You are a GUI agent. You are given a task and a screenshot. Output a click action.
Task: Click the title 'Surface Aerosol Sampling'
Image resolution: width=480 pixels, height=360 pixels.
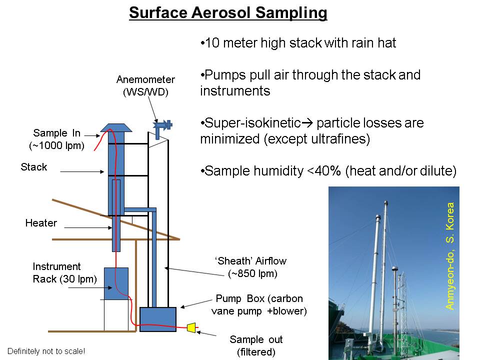pos(228,13)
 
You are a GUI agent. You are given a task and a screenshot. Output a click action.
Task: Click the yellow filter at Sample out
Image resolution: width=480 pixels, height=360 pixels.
pos(191,327)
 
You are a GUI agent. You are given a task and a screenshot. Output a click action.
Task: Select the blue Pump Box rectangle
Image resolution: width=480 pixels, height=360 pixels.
pos(158,319)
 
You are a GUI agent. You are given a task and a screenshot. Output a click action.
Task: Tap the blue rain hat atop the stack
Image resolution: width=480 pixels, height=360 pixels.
pos(116,127)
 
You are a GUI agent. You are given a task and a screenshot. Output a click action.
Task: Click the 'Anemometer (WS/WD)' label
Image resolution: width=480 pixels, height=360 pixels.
pos(145,85)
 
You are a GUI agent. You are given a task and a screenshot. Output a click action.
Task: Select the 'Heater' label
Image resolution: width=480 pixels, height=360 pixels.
pos(41,223)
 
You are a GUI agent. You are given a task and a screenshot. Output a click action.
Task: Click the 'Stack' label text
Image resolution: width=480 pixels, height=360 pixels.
pos(33,167)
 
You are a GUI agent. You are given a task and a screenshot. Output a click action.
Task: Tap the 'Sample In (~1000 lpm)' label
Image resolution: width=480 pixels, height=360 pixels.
pos(56,139)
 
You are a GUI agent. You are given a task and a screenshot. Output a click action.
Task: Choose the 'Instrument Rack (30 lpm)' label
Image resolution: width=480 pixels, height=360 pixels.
pos(64,273)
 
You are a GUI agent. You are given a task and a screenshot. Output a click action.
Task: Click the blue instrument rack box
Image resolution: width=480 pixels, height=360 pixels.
pos(116,284)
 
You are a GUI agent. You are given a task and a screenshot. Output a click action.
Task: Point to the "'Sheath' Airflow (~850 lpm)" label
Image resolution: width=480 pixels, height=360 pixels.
pos(251,267)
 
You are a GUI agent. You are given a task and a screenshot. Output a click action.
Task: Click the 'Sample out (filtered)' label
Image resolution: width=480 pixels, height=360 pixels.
pos(256,345)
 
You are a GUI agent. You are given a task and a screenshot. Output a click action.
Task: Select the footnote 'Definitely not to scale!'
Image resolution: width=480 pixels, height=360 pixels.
pos(46,351)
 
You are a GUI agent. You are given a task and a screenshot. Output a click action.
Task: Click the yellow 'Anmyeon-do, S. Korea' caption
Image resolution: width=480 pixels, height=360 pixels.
pos(449,256)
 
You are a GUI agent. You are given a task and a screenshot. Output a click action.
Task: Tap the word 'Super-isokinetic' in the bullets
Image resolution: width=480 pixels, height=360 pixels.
pos(252,123)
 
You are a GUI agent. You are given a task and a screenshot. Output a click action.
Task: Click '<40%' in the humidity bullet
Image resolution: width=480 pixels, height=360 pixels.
pos(324,171)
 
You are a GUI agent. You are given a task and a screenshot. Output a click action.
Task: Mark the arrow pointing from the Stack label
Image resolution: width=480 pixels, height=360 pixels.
pos(82,171)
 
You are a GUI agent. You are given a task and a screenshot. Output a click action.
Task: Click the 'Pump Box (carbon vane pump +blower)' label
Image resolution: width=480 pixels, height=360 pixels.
pos(259,304)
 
